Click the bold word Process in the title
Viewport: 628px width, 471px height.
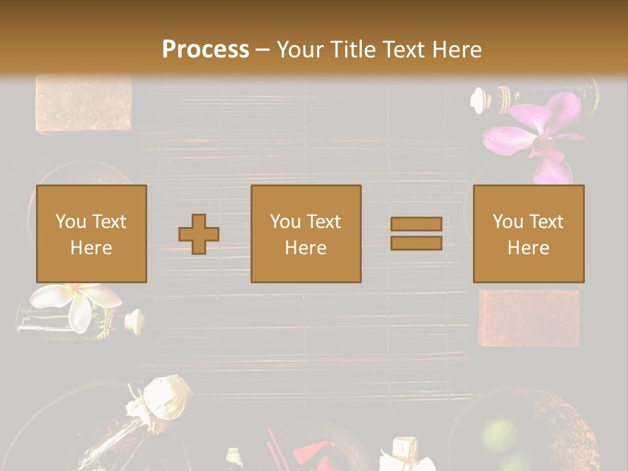(205, 49)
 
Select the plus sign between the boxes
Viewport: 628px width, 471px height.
(199, 234)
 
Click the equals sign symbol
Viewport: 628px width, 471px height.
(416, 234)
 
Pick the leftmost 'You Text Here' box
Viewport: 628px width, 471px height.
(91, 234)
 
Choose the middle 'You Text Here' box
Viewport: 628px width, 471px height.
(305, 234)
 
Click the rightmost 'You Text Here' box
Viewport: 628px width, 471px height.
(528, 234)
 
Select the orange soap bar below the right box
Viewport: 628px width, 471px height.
(529, 317)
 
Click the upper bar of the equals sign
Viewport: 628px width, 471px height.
(416, 224)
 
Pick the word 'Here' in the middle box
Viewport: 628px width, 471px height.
(305, 248)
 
